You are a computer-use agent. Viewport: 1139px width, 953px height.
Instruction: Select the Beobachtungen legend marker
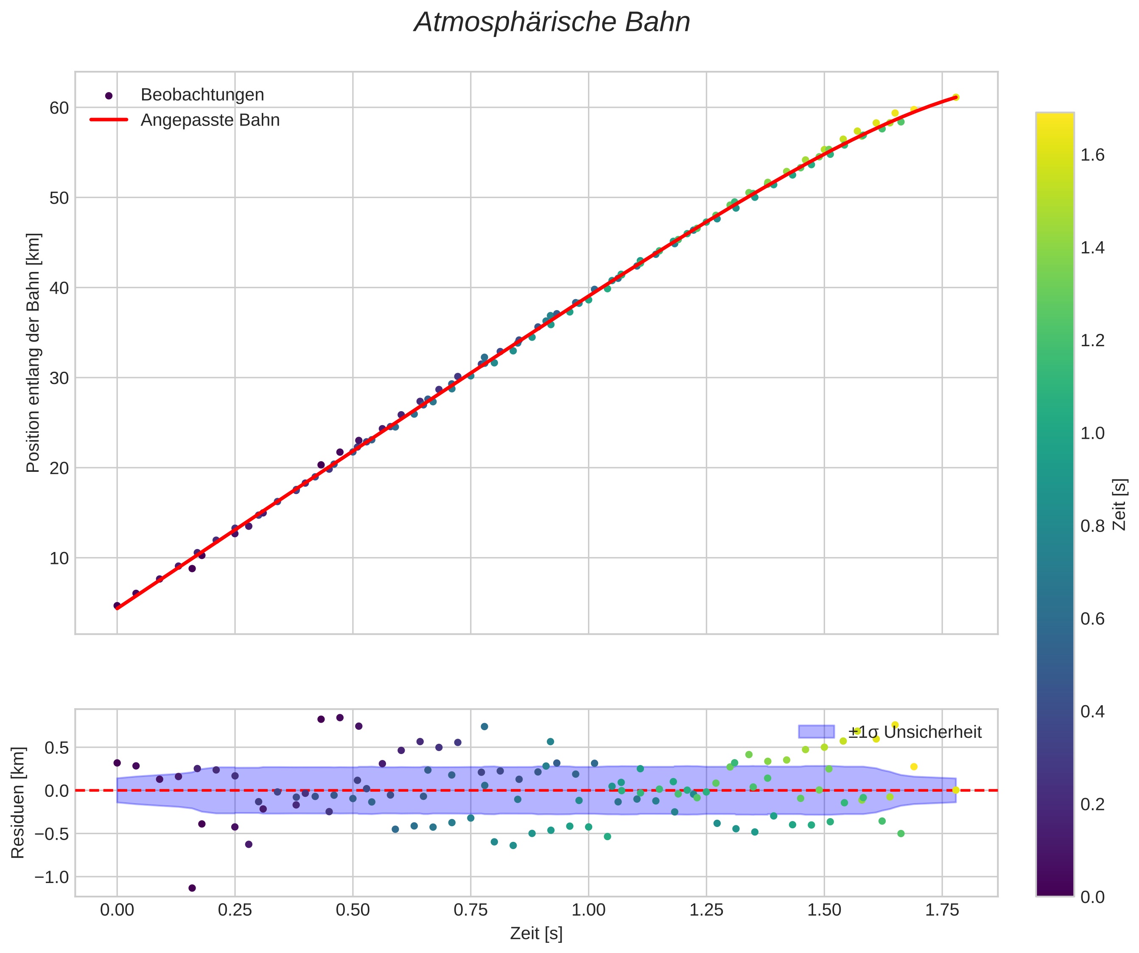(109, 95)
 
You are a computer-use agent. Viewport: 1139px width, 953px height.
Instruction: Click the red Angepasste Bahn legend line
(109, 120)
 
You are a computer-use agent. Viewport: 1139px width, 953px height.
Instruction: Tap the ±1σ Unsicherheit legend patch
(816, 732)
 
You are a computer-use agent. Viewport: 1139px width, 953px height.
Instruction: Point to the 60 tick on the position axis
(59, 108)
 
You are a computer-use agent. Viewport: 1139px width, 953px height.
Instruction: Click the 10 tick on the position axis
(59, 558)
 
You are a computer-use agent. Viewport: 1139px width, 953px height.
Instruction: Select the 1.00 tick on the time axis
(588, 910)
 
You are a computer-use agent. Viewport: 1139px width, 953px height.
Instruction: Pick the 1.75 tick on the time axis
(942, 910)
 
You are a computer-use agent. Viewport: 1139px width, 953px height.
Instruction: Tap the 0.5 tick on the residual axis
(57, 748)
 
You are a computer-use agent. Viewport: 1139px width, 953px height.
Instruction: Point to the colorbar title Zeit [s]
(1119, 505)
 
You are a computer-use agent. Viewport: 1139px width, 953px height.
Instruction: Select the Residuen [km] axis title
(18, 803)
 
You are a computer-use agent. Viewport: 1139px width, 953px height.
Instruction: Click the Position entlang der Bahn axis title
(33, 353)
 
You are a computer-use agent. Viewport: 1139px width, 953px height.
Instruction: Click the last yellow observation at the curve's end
(956, 97)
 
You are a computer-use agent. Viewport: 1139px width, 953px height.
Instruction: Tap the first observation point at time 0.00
(117, 605)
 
